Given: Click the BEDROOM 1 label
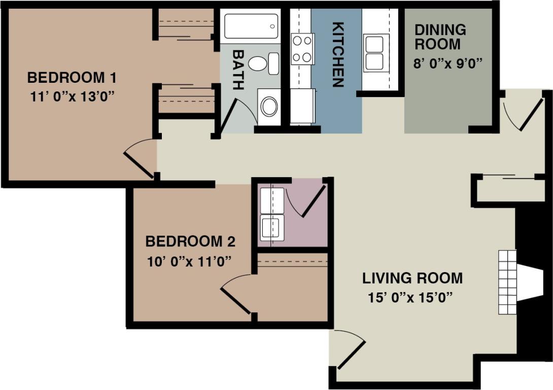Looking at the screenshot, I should tap(72, 78).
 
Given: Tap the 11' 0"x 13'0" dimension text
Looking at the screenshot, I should tap(72, 96).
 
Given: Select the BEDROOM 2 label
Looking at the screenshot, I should tap(190, 241).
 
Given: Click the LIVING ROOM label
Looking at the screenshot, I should tap(412, 278).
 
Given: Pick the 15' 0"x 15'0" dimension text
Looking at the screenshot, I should tap(410, 297).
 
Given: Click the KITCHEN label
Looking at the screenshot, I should tap(338, 54).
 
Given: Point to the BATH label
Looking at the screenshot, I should tap(237, 70).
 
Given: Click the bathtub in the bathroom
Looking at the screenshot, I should tap(251, 26).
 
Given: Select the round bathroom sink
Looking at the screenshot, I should tap(269, 107).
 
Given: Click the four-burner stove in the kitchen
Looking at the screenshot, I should tap(302, 49).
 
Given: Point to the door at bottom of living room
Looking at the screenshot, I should tap(350, 350).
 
